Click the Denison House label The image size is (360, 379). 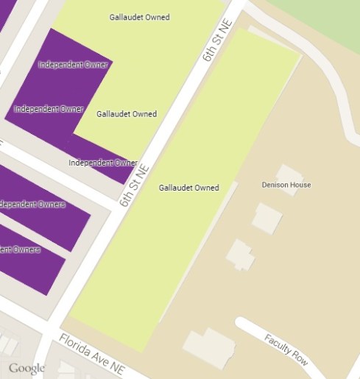point(286,185)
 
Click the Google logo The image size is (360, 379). point(27,368)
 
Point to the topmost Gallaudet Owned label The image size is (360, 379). point(139,16)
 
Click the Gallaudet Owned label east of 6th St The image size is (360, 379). point(188,188)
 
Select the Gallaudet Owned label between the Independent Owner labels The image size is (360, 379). point(127,114)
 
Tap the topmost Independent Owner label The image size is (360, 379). point(73,65)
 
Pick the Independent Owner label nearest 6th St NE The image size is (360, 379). point(103,163)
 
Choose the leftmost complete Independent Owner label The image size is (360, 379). point(49,109)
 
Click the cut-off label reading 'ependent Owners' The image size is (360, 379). point(32,205)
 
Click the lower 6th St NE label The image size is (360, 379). point(134,184)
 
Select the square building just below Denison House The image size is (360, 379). point(267,218)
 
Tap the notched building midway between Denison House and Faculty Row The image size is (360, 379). point(240,255)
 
